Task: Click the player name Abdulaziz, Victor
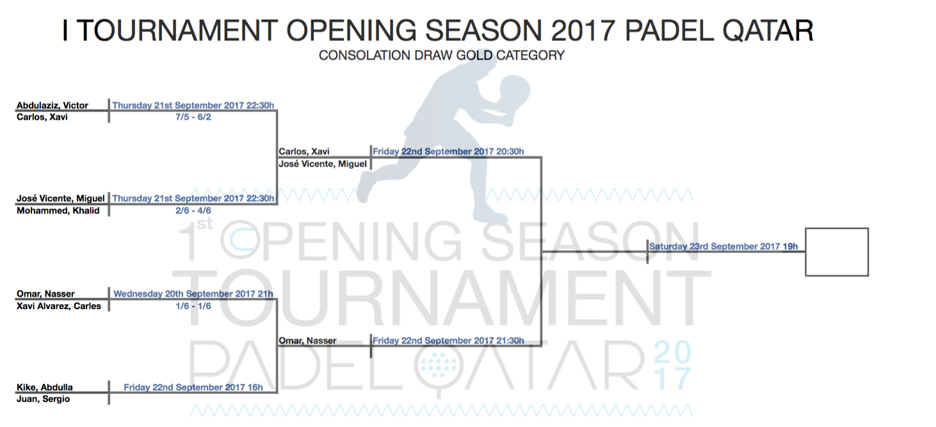[x=52, y=105]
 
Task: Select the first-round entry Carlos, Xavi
[x=42, y=117]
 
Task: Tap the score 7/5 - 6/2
[x=193, y=117]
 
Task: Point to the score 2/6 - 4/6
[x=193, y=211]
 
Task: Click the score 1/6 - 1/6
[x=193, y=306]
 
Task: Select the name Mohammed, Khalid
[x=58, y=211]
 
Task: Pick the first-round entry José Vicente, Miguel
[x=61, y=198]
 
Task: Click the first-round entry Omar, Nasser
[x=45, y=294]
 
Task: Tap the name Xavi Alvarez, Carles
[x=59, y=306]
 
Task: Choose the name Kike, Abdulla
[x=45, y=387]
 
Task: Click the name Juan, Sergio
[x=43, y=399]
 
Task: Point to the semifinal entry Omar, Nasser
[x=307, y=341]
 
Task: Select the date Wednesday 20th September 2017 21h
[x=193, y=294]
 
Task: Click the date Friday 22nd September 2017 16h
[x=193, y=387]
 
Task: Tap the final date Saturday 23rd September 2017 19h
[x=723, y=246]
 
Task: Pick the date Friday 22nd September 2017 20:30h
[x=448, y=151]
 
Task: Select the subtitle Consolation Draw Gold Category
[x=442, y=55]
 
